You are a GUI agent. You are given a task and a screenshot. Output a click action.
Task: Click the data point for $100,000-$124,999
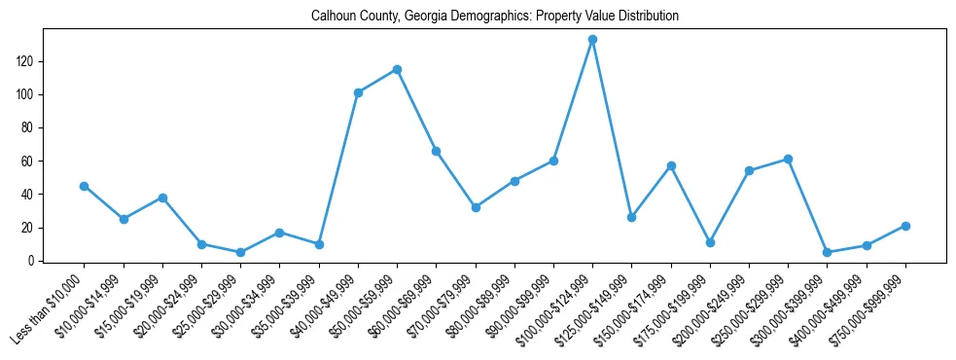(592, 40)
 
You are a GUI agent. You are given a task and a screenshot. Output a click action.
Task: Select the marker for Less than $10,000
(85, 186)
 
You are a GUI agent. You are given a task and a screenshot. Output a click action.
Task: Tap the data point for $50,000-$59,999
(397, 69)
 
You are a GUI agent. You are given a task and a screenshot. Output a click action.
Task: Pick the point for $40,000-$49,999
(358, 92)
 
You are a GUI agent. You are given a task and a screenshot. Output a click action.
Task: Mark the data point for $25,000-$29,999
(240, 252)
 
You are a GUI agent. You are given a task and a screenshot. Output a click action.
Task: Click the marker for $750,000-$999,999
(905, 226)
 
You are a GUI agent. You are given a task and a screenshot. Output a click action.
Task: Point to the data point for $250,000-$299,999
(788, 159)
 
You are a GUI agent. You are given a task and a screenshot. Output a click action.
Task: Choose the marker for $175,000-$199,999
(710, 242)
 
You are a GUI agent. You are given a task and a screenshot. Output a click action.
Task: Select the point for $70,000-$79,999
(476, 207)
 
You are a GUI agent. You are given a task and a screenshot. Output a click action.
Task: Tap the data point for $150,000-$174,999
(671, 165)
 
